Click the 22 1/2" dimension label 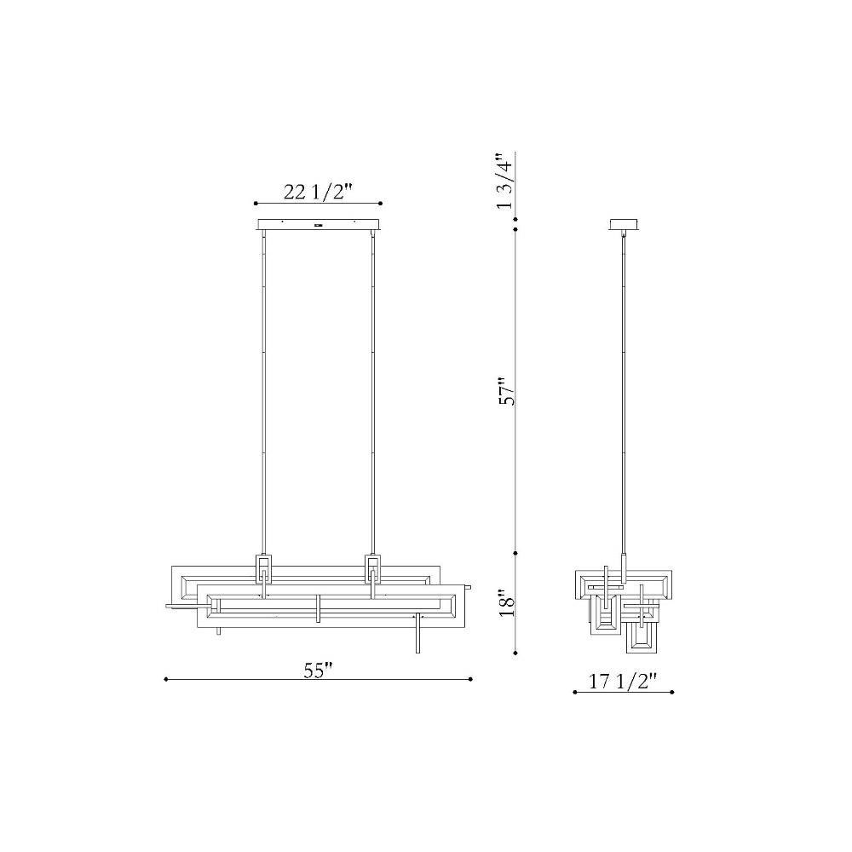pyautogui.click(x=319, y=192)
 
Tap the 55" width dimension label pyautogui.click(x=319, y=671)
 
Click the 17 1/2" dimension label pyautogui.click(x=624, y=682)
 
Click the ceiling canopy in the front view pyautogui.click(x=319, y=224)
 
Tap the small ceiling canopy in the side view pyautogui.click(x=624, y=224)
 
